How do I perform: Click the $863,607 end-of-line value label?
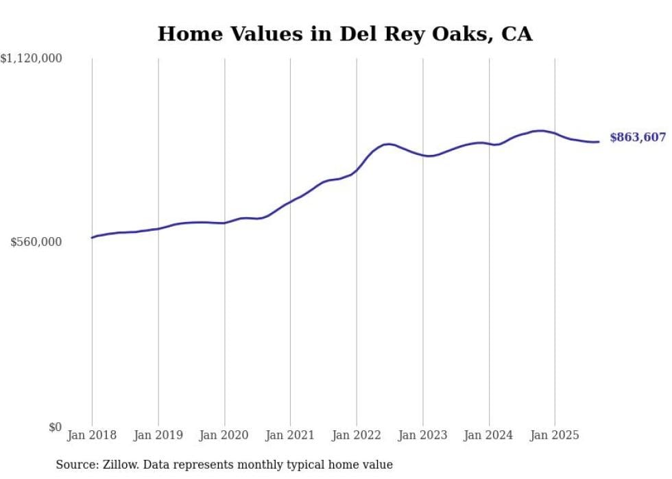pyautogui.click(x=637, y=138)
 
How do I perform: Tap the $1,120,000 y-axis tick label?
pyautogui.click(x=32, y=60)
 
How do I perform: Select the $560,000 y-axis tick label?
pyautogui.click(x=36, y=242)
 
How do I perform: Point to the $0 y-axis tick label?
pyautogui.click(x=55, y=428)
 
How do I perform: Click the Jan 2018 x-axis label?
pyautogui.click(x=92, y=435)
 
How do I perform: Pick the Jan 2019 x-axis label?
pyautogui.click(x=158, y=435)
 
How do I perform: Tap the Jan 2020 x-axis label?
pyautogui.click(x=224, y=435)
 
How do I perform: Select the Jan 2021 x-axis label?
pyautogui.click(x=290, y=435)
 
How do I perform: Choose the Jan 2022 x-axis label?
pyautogui.click(x=357, y=435)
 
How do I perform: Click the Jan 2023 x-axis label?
pyautogui.click(x=422, y=435)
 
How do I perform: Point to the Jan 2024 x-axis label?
pyautogui.click(x=489, y=435)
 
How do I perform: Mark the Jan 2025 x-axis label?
pyautogui.click(x=555, y=435)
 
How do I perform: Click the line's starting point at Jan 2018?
pyautogui.click(x=92, y=238)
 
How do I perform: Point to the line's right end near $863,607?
pyautogui.click(x=599, y=142)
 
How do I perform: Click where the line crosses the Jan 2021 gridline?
pyautogui.click(x=290, y=202)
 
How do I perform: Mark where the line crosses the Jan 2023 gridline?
pyautogui.click(x=423, y=156)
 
